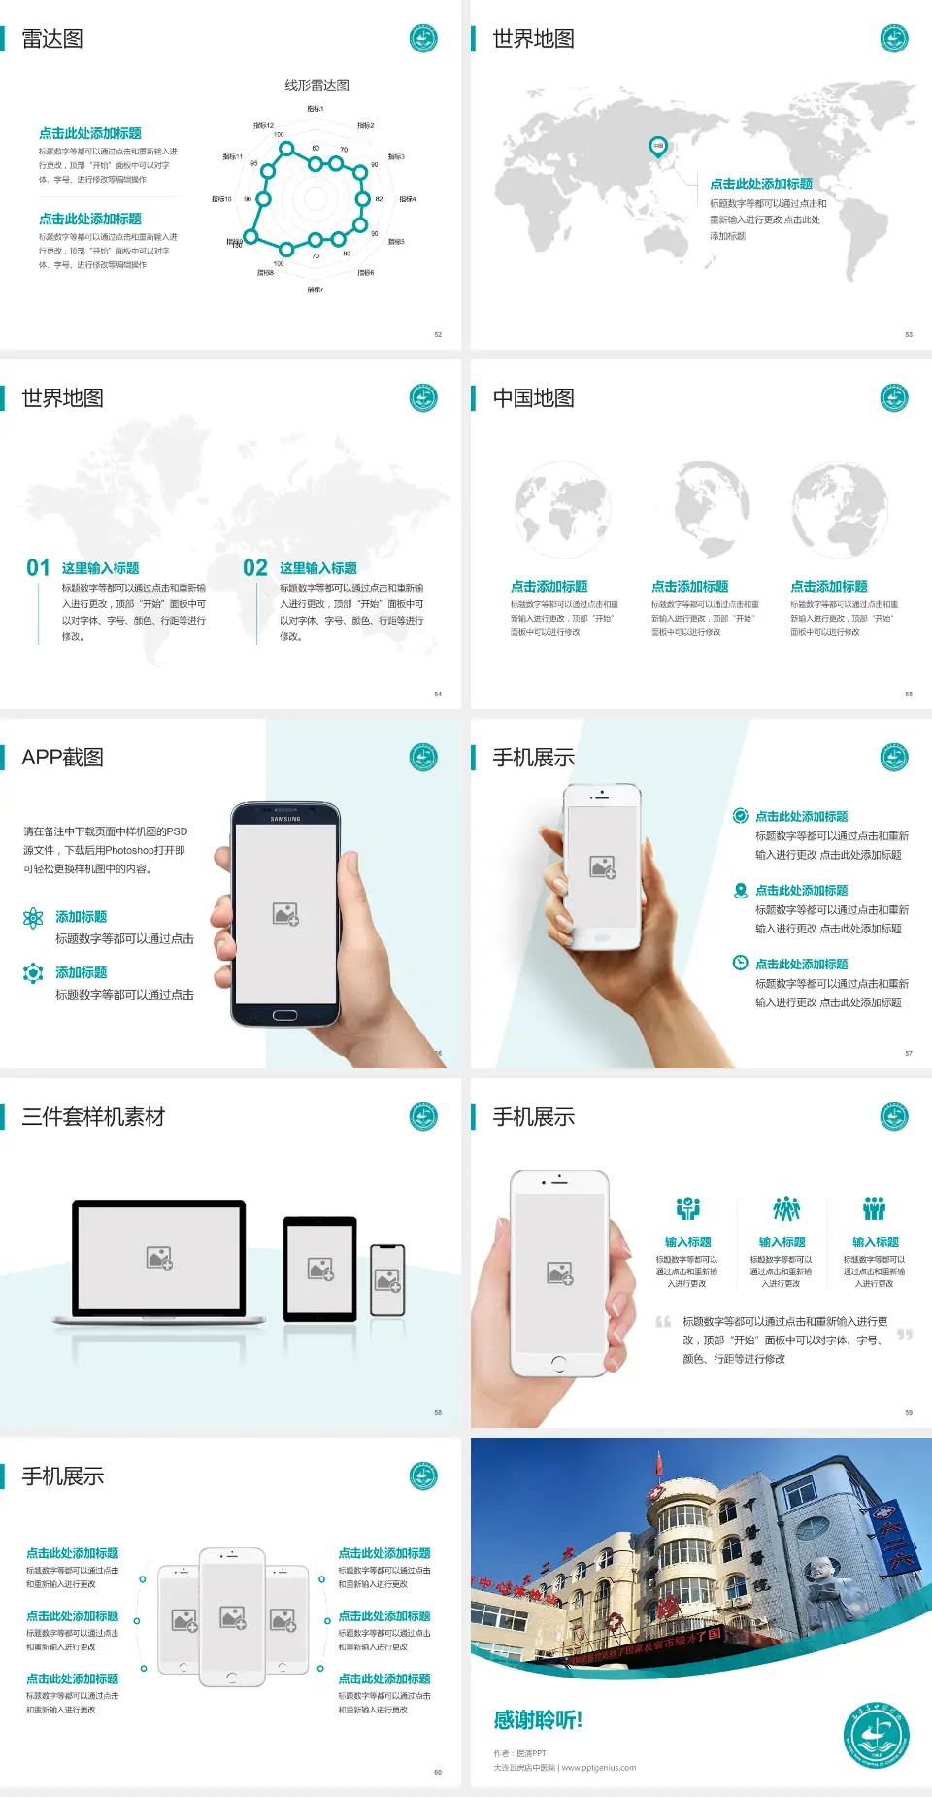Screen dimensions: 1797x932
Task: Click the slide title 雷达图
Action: [52, 39]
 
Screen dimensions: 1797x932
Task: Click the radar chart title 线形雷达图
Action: [316, 85]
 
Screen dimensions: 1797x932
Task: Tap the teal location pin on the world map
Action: [657, 147]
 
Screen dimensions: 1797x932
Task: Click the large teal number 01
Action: [38, 568]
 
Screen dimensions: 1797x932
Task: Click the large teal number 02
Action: [255, 568]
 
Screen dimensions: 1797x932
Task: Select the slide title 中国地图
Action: [533, 398]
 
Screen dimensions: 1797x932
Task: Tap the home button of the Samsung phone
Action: [284, 1016]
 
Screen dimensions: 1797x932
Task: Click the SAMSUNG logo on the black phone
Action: [285, 819]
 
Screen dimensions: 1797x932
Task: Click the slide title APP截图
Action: [63, 758]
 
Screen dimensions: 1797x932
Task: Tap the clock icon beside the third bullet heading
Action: [740, 963]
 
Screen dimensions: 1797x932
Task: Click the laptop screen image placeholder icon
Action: [159, 1258]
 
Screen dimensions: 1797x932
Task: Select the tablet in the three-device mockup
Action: [320, 1269]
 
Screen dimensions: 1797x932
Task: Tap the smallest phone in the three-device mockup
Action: [387, 1280]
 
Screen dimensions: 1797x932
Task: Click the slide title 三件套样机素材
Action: [93, 1117]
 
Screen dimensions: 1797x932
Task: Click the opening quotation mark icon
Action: [663, 1322]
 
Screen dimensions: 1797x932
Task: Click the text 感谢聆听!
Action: [538, 1720]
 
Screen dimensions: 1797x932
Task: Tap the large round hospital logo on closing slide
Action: [876, 1736]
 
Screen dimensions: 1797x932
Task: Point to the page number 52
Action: [438, 334]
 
